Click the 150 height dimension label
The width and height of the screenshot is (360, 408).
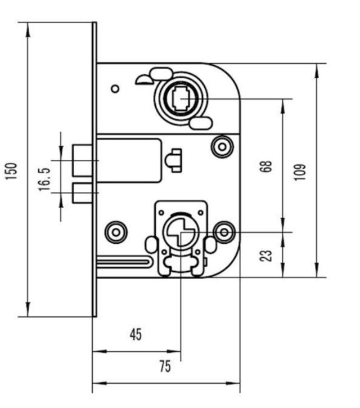[x=12, y=170]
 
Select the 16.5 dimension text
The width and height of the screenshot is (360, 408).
[x=46, y=178]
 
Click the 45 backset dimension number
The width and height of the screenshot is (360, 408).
[x=136, y=334]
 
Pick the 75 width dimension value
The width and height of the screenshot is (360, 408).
[x=165, y=367]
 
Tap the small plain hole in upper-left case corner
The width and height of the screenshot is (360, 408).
[x=115, y=88]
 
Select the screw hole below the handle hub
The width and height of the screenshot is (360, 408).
[x=222, y=147]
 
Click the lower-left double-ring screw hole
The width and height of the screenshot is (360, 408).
[x=116, y=231]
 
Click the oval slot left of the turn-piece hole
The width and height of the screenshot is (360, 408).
[x=151, y=245]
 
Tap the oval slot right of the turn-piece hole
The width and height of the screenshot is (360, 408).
[x=210, y=245]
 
